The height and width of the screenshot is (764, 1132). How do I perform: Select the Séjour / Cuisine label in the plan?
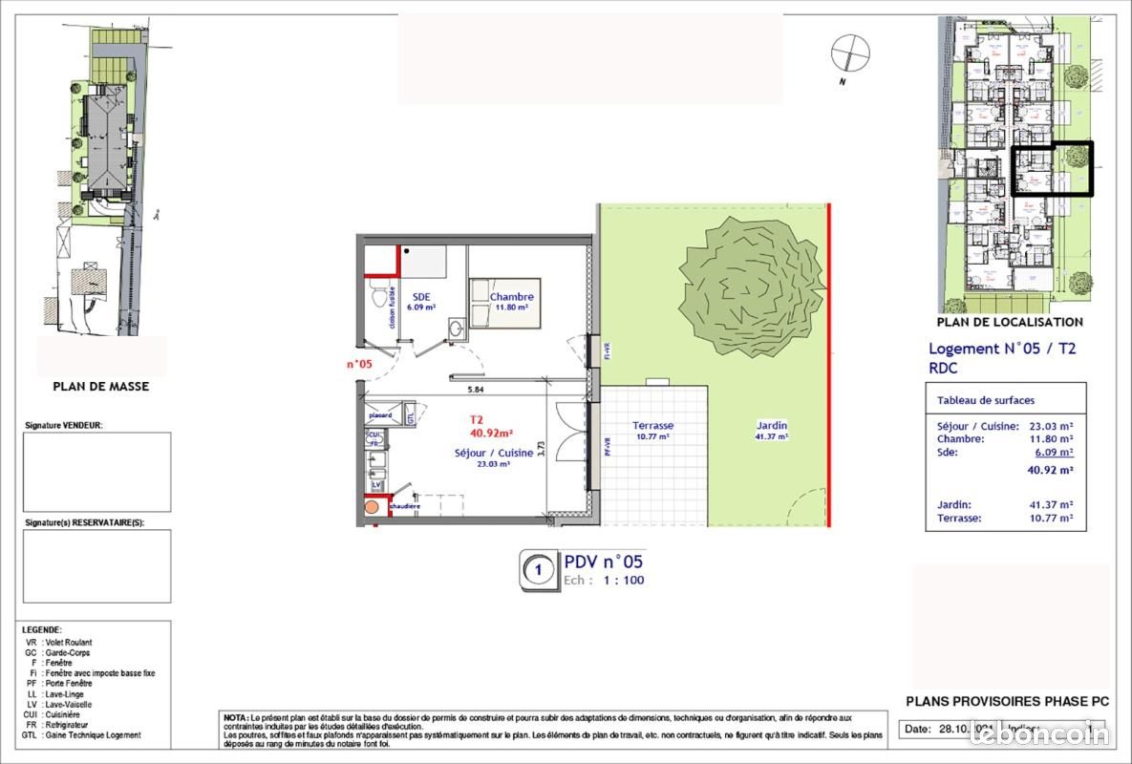tap(494, 453)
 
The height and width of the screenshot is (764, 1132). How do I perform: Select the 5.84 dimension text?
tap(475, 390)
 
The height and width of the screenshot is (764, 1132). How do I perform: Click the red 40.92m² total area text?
tap(493, 432)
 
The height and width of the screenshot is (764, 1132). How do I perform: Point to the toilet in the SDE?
tap(378, 298)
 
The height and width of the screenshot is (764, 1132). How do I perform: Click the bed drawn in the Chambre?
tap(504, 304)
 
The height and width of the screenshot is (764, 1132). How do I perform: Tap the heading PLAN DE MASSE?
tap(101, 387)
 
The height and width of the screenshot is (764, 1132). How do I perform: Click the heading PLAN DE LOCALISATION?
tap(1011, 323)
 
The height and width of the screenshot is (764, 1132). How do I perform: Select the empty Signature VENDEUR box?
tap(97, 465)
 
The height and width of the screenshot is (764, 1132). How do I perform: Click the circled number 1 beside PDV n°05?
tap(540, 571)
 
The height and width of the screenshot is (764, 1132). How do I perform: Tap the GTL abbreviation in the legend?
tap(32, 735)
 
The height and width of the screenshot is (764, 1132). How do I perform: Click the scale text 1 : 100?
tap(624, 581)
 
